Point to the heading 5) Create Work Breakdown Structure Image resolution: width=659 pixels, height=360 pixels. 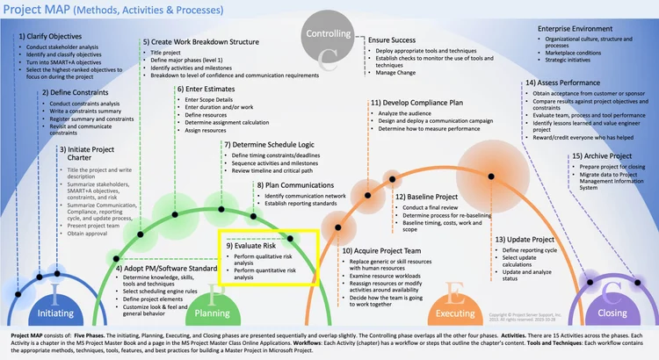click(x=200, y=42)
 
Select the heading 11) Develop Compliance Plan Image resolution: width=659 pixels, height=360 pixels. click(x=418, y=102)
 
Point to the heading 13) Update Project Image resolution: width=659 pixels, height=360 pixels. click(x=525, y=240)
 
